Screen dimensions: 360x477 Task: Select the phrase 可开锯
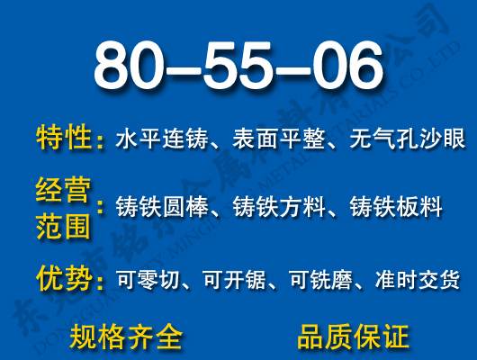(238, 281)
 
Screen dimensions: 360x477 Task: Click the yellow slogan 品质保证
(353, 337)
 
